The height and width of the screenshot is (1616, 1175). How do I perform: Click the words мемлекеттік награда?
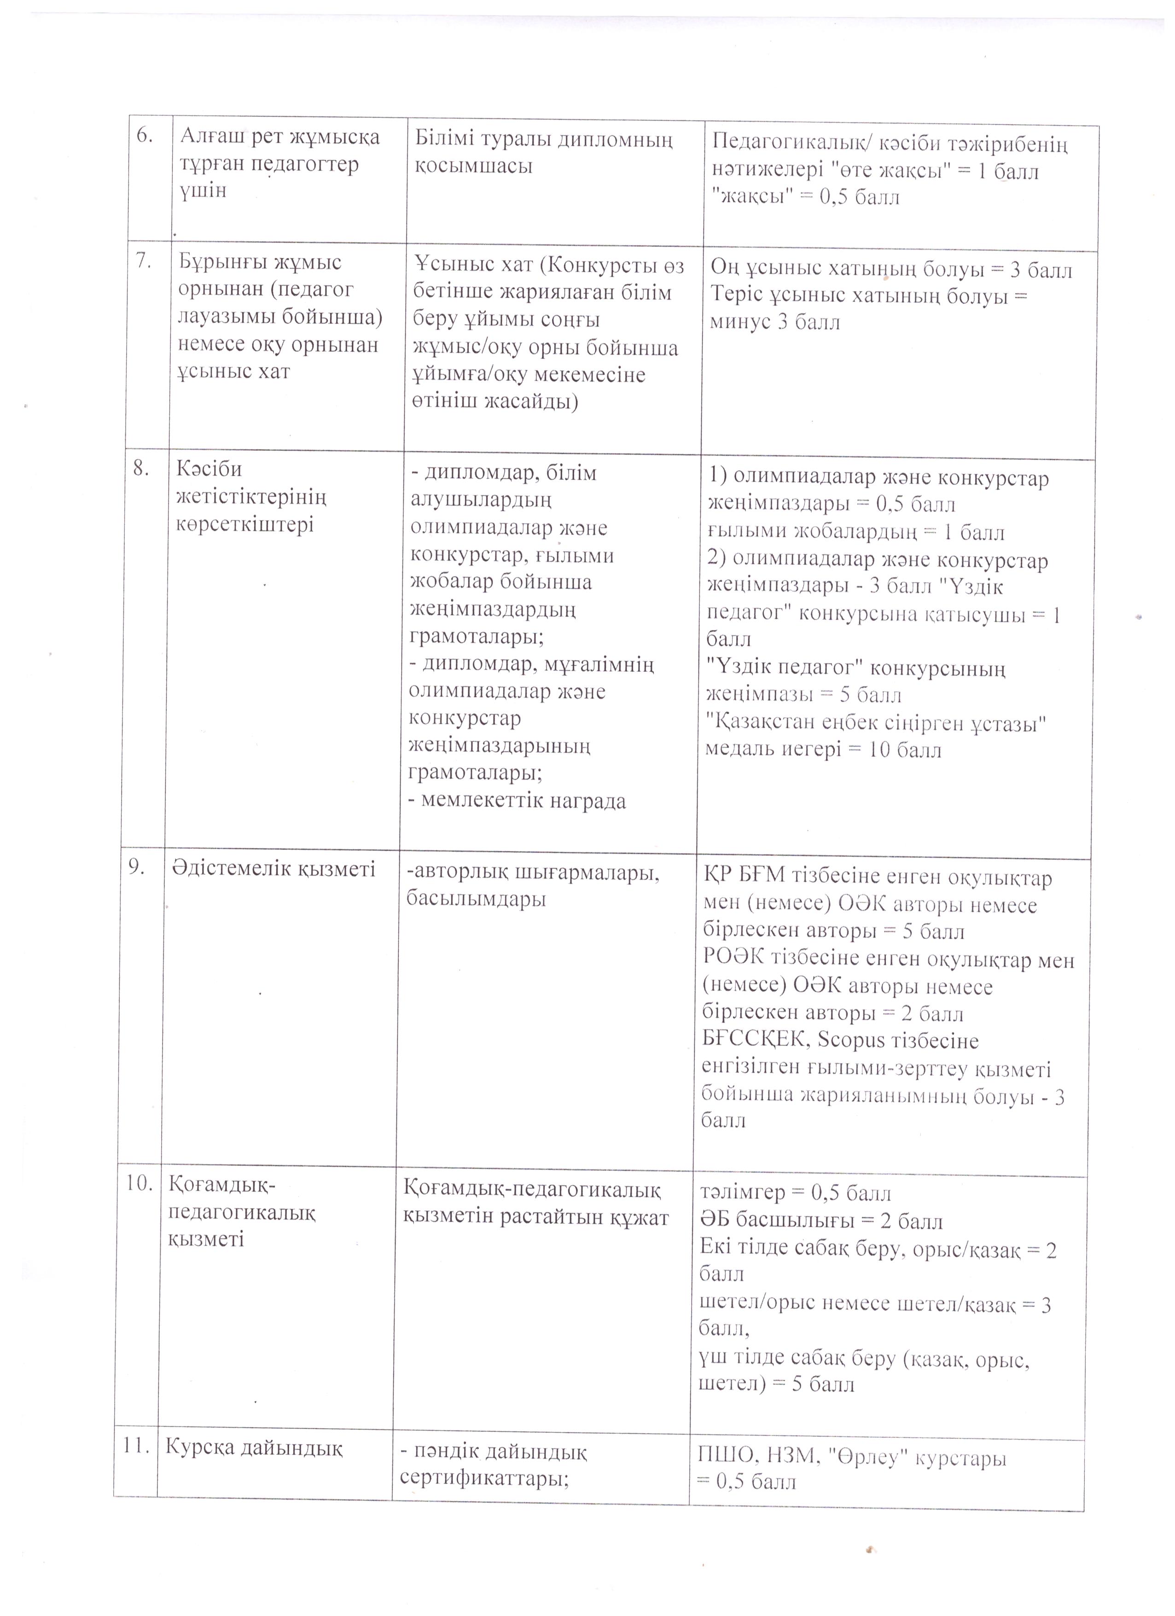point(518,801)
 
